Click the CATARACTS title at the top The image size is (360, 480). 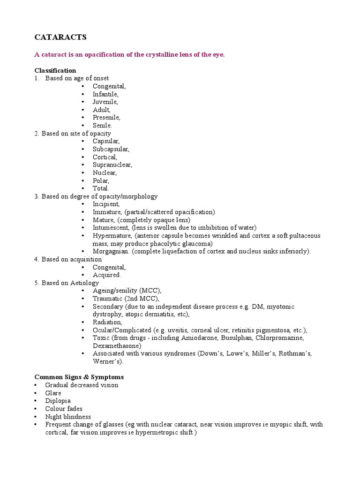tap(60, 37)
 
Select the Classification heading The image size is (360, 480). tap(55, 70)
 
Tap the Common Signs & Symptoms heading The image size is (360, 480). tap(79, 377)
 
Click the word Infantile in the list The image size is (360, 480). tap(105, 94)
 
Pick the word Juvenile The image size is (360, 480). tap(105, 102)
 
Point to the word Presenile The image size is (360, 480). tap(106, 118)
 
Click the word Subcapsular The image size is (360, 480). tap(111, 149)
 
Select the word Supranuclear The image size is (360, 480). tap(112, 165)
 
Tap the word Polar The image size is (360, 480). tap(101, 180)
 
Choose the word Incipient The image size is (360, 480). tap(106, 204)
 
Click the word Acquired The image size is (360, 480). tap(106, 275)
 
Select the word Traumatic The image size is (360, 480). tap(107, 299)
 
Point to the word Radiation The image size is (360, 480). tap(107, 322)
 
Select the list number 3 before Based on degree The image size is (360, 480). tap(36, 196)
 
